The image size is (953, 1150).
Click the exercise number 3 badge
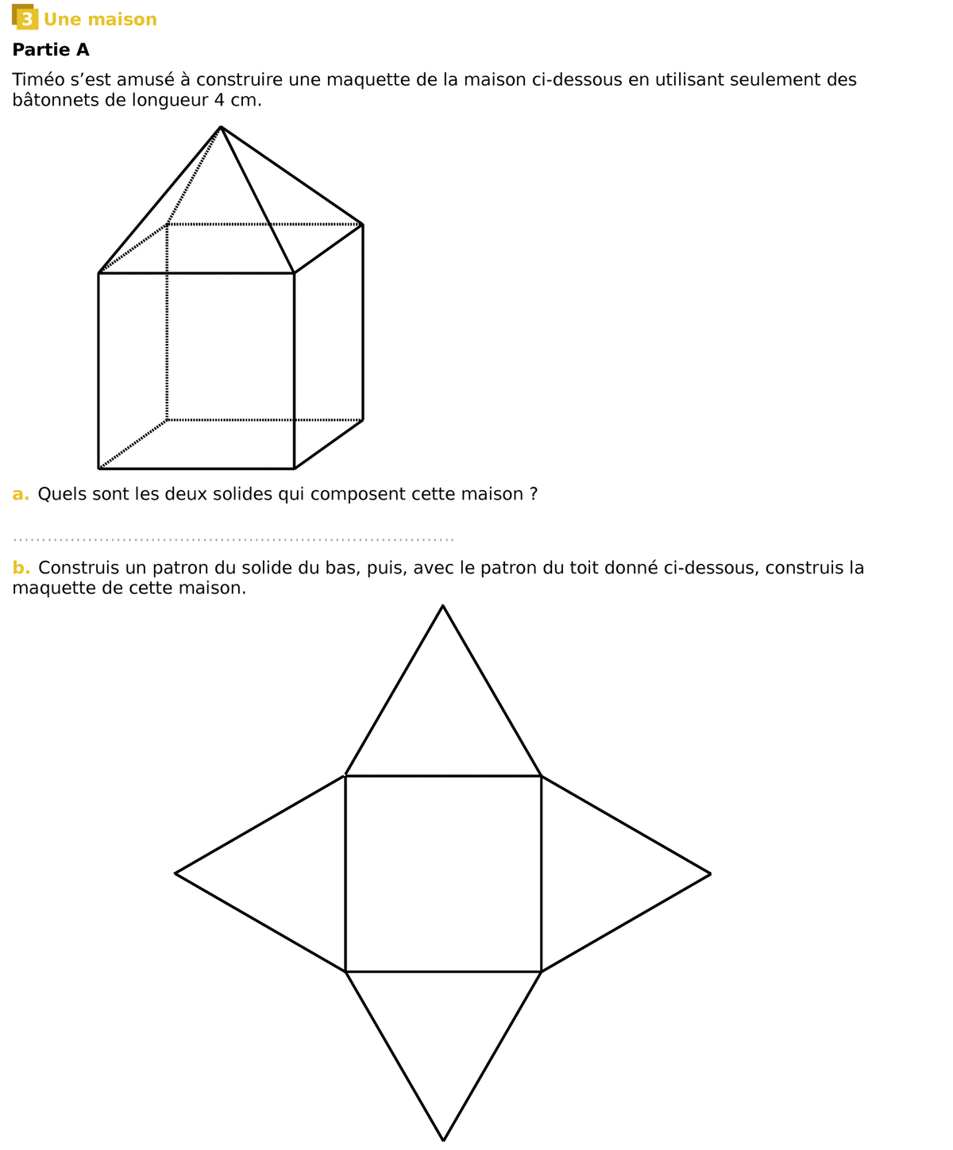tap(25, 18)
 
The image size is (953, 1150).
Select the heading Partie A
tap(51, 50)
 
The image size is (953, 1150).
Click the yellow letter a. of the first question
tap(21, 495)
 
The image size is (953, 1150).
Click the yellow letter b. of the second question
tap(21, 569)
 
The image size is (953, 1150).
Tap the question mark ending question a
tap(534, 495)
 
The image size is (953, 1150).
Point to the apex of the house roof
tap(221, 127)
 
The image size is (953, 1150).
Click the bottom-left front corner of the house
tap(98, 469)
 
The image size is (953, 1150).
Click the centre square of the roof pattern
tap(443, 874)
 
